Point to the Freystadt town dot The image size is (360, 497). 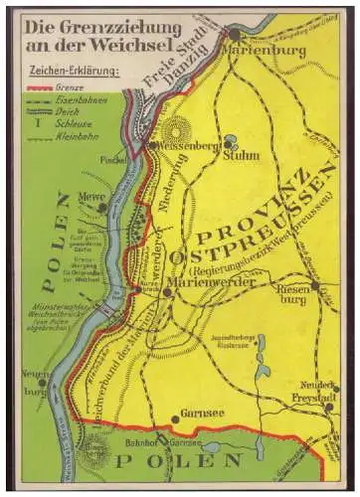coord(328,407)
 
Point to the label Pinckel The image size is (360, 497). coord(112,157)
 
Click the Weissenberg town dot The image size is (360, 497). coord(151,144)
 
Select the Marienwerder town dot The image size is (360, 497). coord(167,293)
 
